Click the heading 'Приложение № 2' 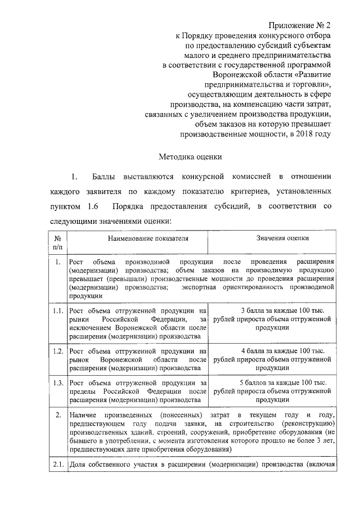pyautogui.click(x=300, y=25)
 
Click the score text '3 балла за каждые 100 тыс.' pyautogui.click(x=274, y=310)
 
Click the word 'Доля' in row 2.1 pyautogui.click(x=77, y=465)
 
